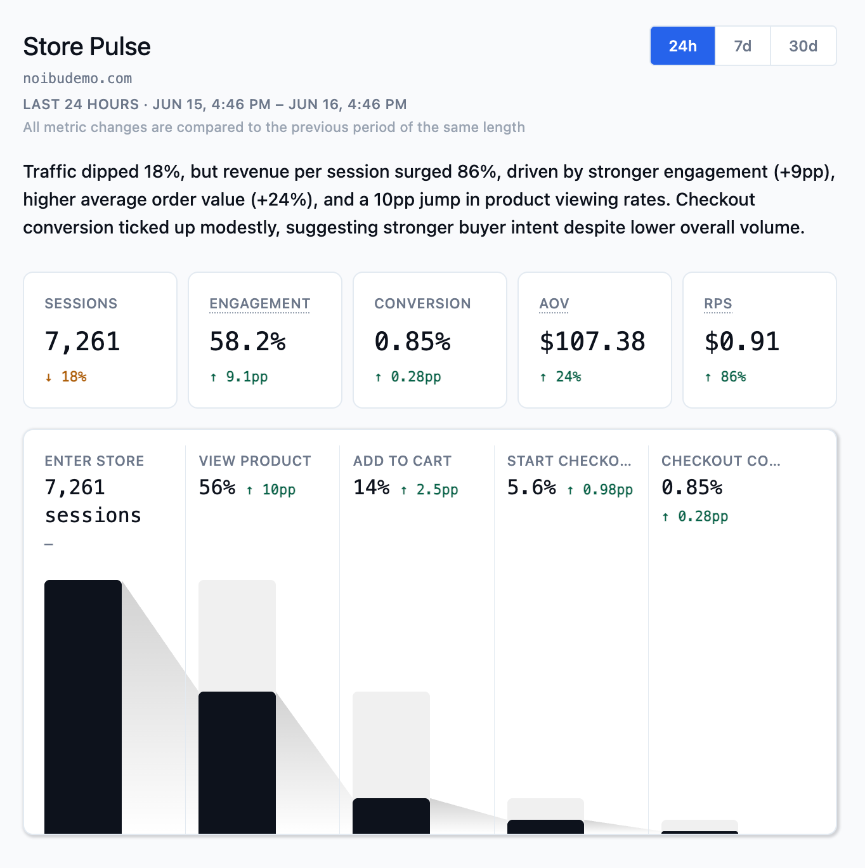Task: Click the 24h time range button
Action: point(682,46)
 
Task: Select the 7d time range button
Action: point(743,46)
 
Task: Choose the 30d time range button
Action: point(803,46)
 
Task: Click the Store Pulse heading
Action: point(87,46)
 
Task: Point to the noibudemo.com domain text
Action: point(77,79)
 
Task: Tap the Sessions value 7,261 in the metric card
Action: point(82,341)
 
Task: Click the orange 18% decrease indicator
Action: point(66,376)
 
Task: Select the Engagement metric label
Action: point(260,303)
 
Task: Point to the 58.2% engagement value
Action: point(248,341)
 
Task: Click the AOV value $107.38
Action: point(592,341)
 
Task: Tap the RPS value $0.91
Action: point(741,341)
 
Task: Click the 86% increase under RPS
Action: point(725,376)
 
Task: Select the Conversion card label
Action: point(422,303)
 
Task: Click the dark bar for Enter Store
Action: point(83,707)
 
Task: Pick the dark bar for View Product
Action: point(237,763)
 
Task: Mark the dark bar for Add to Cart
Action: point(391,816)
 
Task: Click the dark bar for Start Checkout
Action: point(545,827)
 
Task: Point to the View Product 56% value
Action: point(217,487)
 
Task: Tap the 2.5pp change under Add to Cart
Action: point(429,490)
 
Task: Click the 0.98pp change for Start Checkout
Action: point(600,490)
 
